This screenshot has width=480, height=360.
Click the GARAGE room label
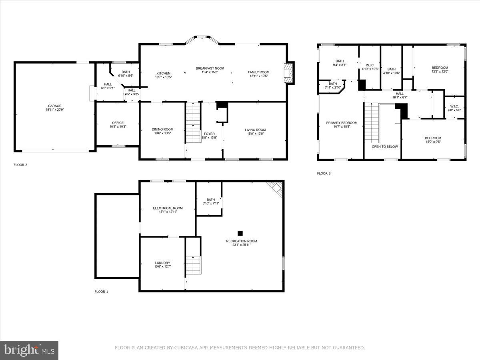click(54, 106)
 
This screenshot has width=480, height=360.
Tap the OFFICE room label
click(118, 123)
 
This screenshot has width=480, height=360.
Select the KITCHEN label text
click(163, 73)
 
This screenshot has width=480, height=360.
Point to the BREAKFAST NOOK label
click(210, 68)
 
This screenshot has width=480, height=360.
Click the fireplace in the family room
click(288, 73)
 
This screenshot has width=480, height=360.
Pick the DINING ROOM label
click(162, 129)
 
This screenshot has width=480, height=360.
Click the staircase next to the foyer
click(193, 122)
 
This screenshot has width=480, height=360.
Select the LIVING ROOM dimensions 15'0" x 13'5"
click(255, 134)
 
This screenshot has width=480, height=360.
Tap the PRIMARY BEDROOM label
click(342, 123)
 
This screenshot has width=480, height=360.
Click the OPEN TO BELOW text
click(385, 146)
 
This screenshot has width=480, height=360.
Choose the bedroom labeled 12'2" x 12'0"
click(440, 70)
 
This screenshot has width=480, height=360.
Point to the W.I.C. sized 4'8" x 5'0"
click(454, 108)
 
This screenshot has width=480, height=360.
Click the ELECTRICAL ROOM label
click(168, 208)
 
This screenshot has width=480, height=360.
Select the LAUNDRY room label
click(162, 263)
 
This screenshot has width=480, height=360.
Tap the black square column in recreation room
click(240, 233)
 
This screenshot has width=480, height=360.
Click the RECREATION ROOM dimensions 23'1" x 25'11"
click(241, 245)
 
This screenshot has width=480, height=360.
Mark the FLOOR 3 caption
click(324, 174)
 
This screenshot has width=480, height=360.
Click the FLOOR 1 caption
click(101, 292)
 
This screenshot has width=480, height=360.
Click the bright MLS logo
click(29, 350)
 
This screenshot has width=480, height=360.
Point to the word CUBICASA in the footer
click(186, 348)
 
